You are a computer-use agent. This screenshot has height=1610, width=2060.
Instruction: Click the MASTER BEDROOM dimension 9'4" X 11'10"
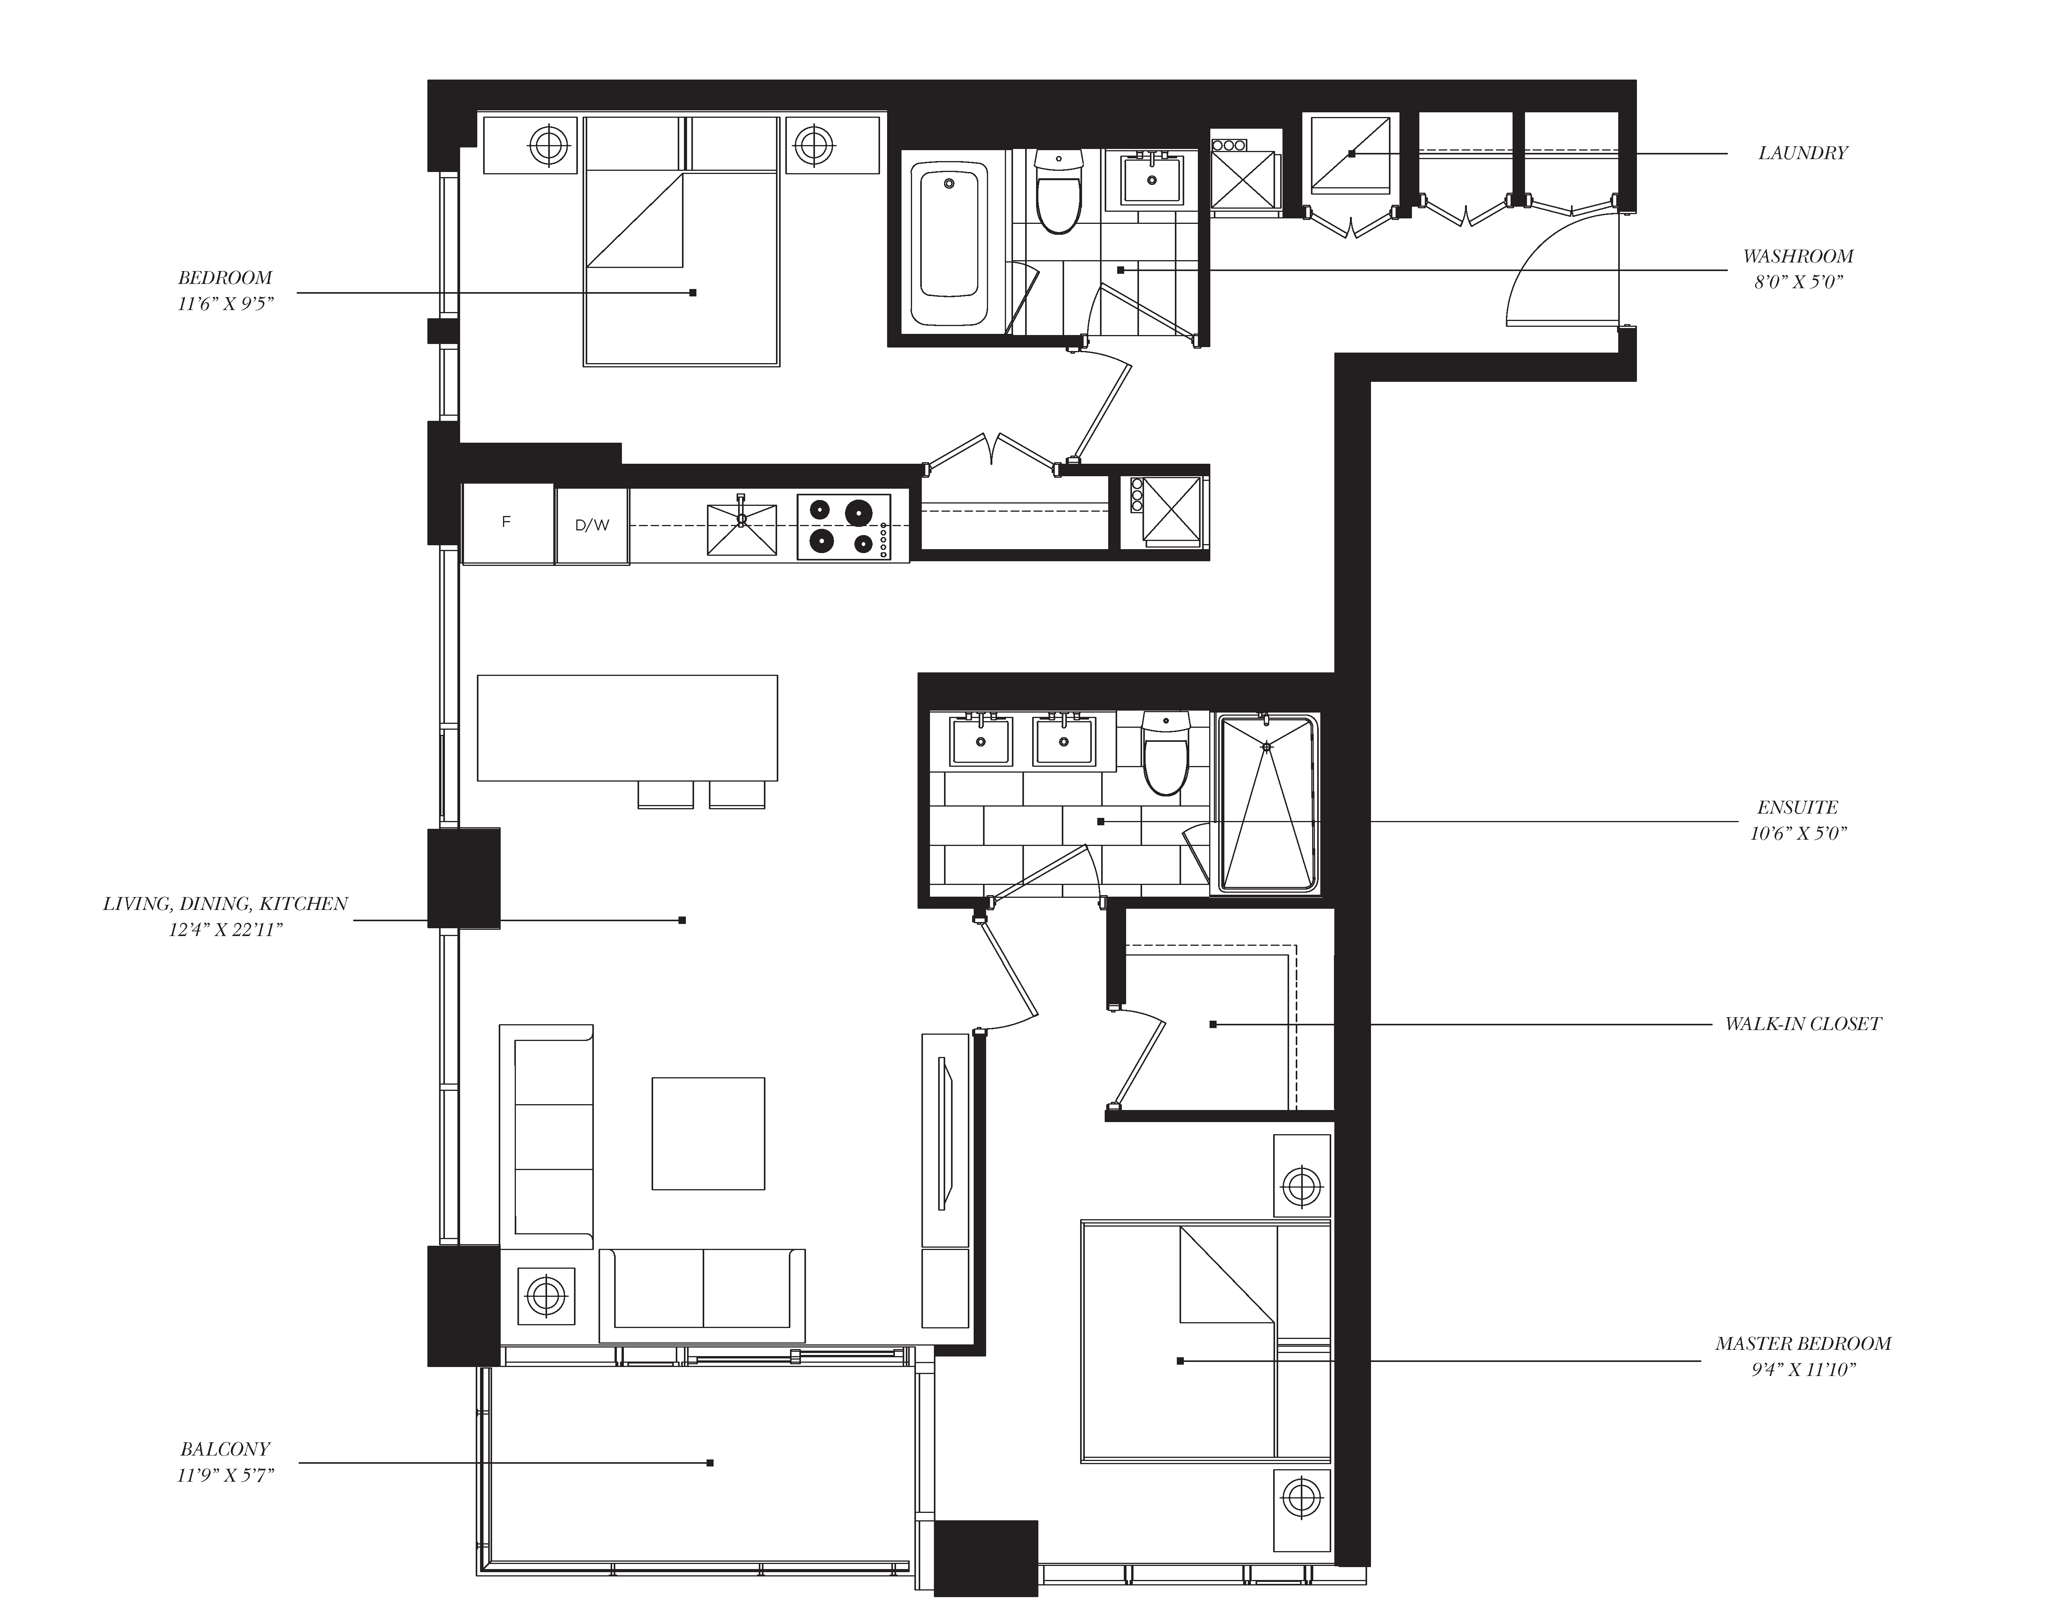(1803, 1369)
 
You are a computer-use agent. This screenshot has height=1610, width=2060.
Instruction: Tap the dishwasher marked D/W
(592, 525)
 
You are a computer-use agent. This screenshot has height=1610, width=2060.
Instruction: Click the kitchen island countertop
(627, 727)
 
